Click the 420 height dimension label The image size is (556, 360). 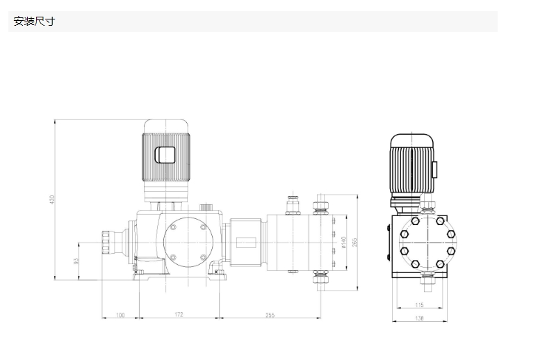pos(52,199)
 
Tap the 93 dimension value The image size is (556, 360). pos(76,261)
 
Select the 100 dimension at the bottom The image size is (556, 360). pos(120,315)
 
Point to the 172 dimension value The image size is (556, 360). pos(179,314)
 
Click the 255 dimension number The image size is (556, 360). pos(270,315)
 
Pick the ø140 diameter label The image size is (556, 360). pos(343,243)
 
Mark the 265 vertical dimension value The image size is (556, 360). pos(354,243)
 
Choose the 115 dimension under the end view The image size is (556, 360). pos(420,305)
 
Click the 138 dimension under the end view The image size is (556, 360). pos(420,318)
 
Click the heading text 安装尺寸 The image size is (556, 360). pos(34,22)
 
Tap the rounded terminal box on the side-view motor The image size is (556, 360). pos(165,155)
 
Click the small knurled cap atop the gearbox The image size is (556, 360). pos(205,207)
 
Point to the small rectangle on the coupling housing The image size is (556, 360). pos(246,243)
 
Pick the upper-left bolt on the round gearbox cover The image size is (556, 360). pos(173,227)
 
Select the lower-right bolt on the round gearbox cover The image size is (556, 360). pos(203,257)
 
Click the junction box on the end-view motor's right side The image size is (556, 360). pos(435,169)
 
